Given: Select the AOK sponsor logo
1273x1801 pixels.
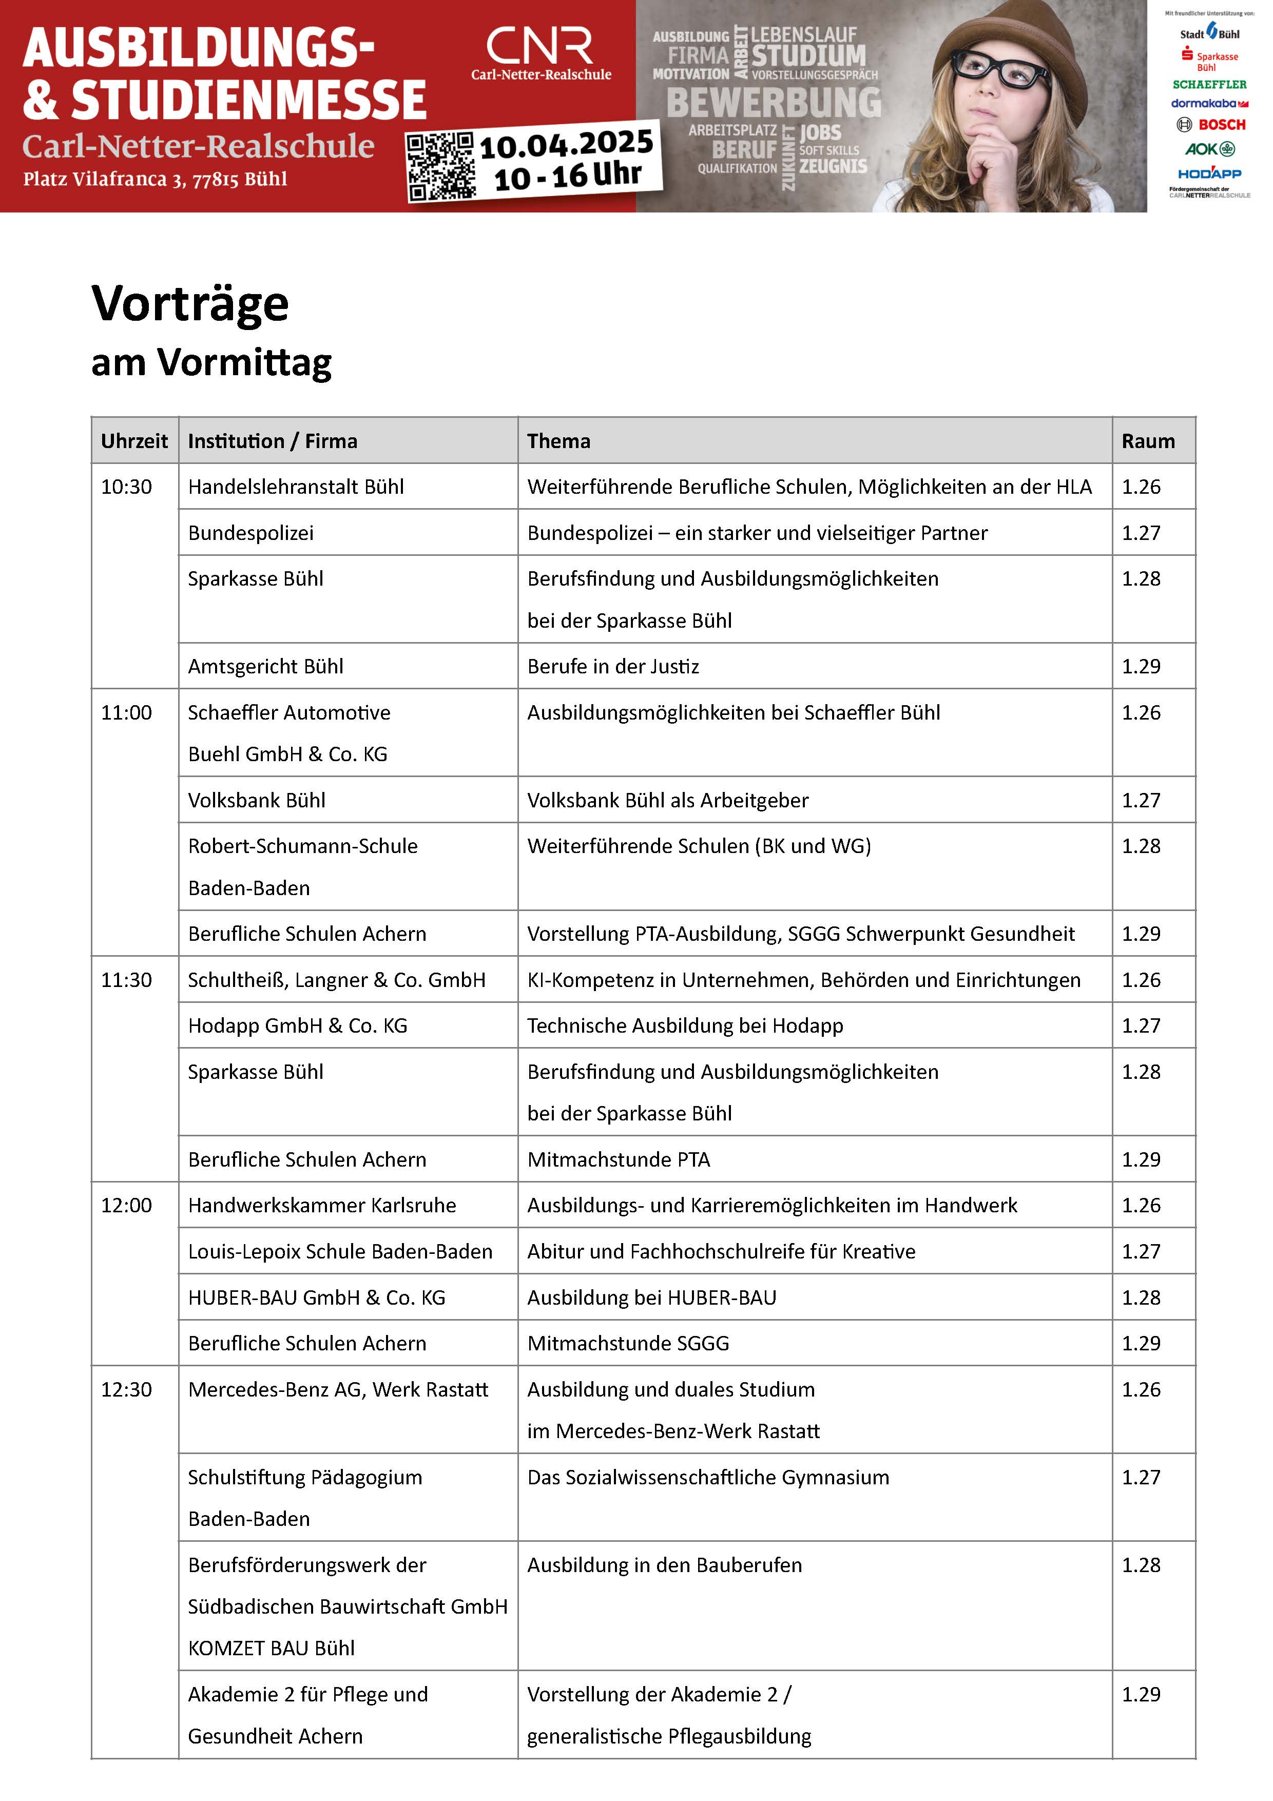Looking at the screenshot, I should [x=1209, y=149].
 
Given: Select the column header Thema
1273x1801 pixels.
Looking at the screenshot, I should [x=558, y=441].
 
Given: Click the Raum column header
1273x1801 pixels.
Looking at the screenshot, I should [x=1148, y=441].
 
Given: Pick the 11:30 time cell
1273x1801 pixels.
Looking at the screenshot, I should [x=126, y=980].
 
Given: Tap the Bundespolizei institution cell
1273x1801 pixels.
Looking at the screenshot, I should [x=251, y=533].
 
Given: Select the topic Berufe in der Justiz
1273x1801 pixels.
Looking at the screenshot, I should [x=612, y=666].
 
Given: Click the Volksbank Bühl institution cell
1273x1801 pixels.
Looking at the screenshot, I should [x=257, y=800].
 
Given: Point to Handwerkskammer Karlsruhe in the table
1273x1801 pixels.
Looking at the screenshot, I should [x=321, y=1205].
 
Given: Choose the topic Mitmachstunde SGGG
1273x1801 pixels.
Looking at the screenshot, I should [x=627, y=1343].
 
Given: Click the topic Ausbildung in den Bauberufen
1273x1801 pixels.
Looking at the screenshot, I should [x=664, y=1565].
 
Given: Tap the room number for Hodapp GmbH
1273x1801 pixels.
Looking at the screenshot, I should [x=1141, y=1025].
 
